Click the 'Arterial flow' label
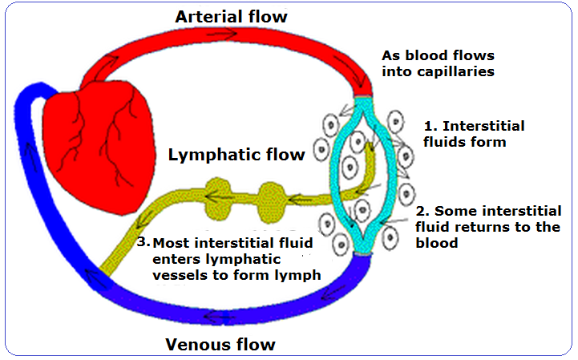pos(231,17)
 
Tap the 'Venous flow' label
pos(220,345)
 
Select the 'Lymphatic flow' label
pos(236,155)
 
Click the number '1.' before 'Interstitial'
pos(430,127)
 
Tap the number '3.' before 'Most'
pos(143,241)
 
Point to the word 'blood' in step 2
pos(437,243)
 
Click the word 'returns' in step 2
pos(475,227)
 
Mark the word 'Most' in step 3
pos(168,242)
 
